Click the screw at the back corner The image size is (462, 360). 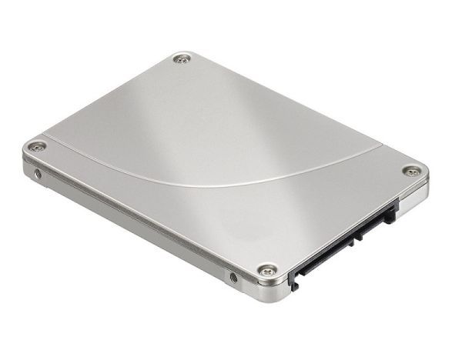pyautogui.click(x=182, y=58)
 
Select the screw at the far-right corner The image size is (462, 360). pyautogui.click(x=412, y=172)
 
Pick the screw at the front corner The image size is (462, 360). pyautogui.click(x=267, y=269)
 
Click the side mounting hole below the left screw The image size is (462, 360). pyautogui.click(x=39, y=174)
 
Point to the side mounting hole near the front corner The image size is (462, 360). pyautogui.click(x=234, y=277)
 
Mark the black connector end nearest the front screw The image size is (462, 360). pyautogui.click(x=293, y=282)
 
